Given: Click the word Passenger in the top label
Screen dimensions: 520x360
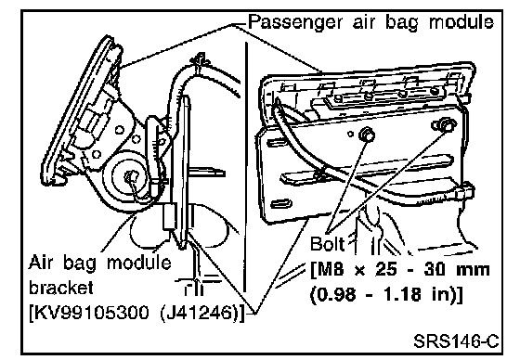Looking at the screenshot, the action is [295, 23].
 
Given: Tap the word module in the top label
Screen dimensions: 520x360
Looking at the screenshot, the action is [461, 22].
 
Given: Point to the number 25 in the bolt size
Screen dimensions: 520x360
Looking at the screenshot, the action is [385, 270].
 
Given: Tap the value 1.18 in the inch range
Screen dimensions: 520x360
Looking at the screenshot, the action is [402, 294].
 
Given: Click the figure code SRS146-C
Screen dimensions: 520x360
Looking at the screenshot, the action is [456, 341].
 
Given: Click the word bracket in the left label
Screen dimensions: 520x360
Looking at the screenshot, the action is [61, 287].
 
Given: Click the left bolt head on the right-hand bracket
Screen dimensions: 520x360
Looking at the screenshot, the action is [367, 135].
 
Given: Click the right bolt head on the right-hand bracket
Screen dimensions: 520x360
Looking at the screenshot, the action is [445, 124].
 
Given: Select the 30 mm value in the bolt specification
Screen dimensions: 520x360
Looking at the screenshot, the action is [456, 270].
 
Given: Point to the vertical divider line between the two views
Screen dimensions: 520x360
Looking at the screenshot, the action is [246, 167].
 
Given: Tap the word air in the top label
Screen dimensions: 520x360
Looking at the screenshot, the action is [363, 22].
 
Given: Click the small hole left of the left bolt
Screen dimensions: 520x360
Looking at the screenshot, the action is [351, 134].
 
